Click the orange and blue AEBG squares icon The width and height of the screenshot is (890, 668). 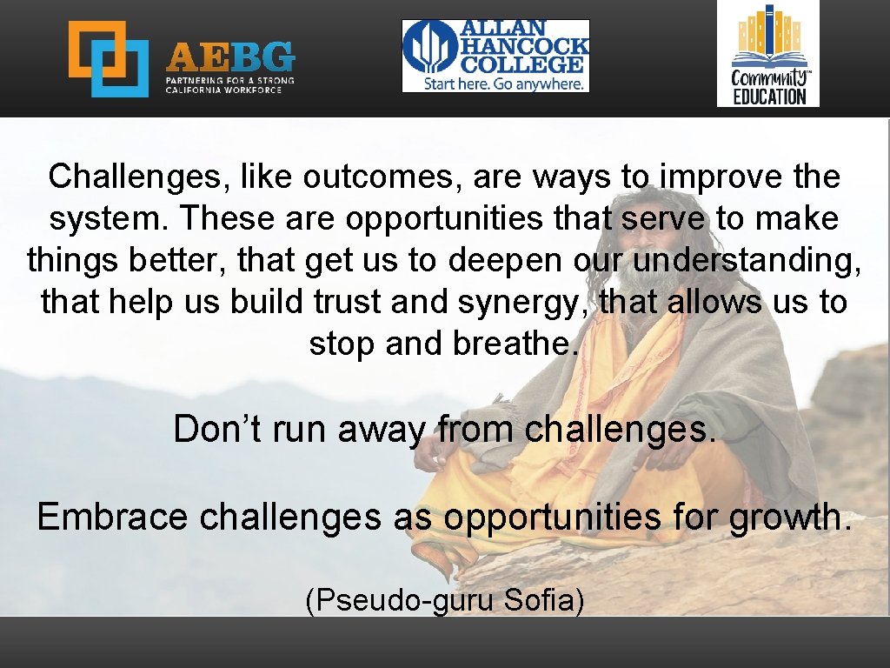click(109, 58)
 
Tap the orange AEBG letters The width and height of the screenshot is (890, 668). click(230, 57)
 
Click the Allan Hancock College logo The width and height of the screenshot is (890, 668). click(495, 56)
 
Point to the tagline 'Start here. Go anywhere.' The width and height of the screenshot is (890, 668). click(503, 83)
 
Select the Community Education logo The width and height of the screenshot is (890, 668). click(768, 53)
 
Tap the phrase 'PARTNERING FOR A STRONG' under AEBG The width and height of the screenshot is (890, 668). click(230, 80)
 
